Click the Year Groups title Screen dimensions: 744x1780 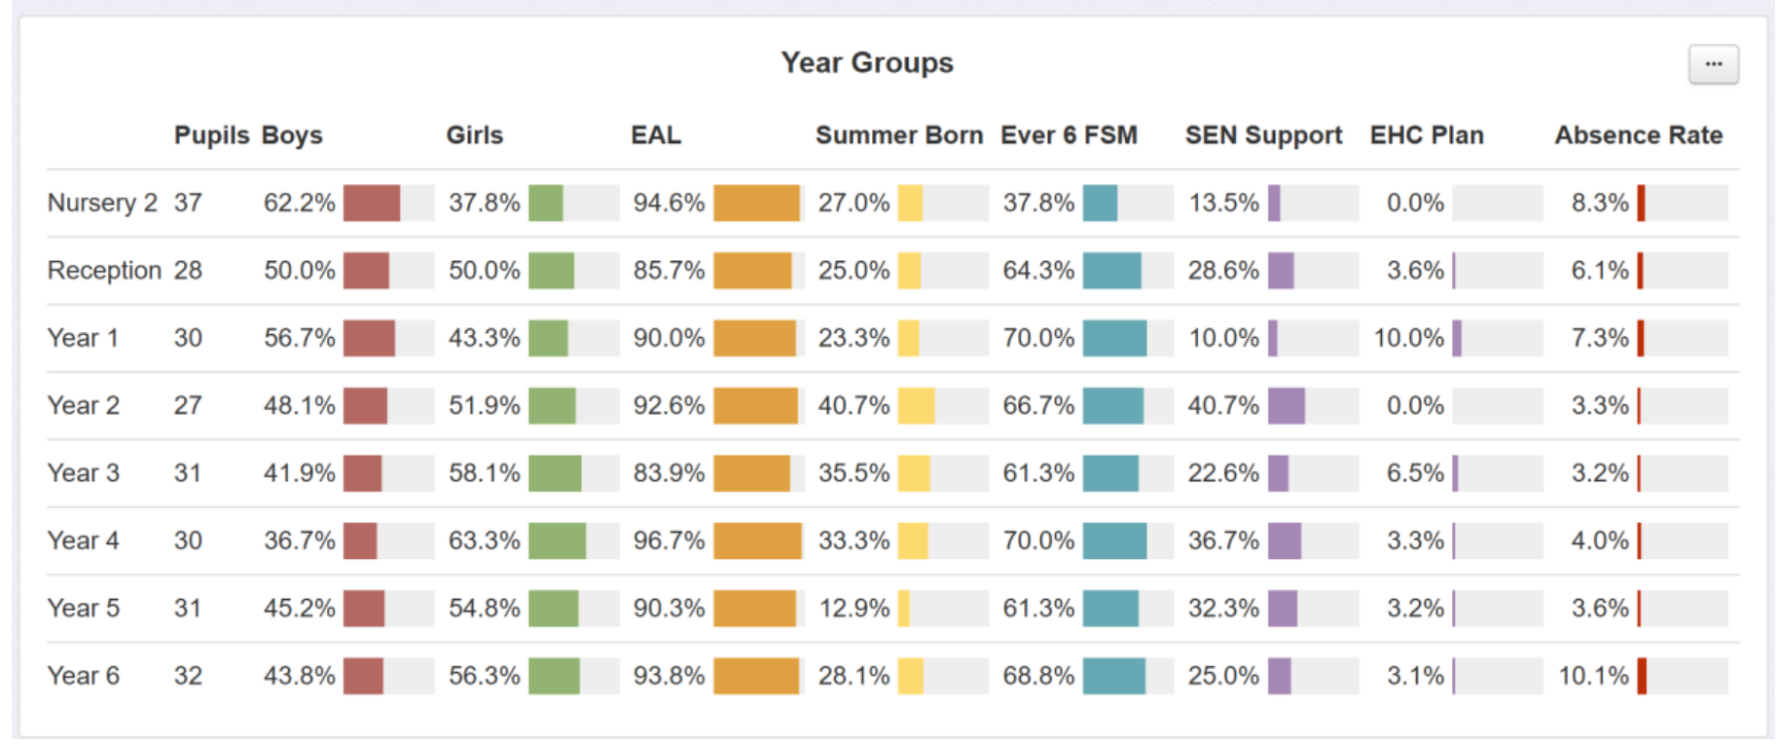866,62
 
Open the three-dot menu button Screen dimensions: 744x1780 1713,64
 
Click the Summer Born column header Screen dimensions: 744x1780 898,135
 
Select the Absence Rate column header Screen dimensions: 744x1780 1638,135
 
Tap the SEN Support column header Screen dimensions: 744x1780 1263,135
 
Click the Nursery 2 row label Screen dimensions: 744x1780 101,203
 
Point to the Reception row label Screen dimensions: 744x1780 104,270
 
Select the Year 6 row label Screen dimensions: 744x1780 84,675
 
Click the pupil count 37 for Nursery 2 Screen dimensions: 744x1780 188,203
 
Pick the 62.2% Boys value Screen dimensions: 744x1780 299,203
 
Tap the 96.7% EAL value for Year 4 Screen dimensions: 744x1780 669,540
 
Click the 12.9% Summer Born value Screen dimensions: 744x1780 854,608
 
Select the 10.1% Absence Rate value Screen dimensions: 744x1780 1593,675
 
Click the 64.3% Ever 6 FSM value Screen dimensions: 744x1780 1038,270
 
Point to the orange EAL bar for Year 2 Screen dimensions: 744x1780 755,405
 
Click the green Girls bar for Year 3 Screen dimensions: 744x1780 555,473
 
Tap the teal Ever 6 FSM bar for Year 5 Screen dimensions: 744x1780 1110,608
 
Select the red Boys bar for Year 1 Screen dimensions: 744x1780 369,338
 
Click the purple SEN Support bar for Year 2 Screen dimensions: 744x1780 1287,405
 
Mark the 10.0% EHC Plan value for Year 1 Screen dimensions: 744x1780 1408,338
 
